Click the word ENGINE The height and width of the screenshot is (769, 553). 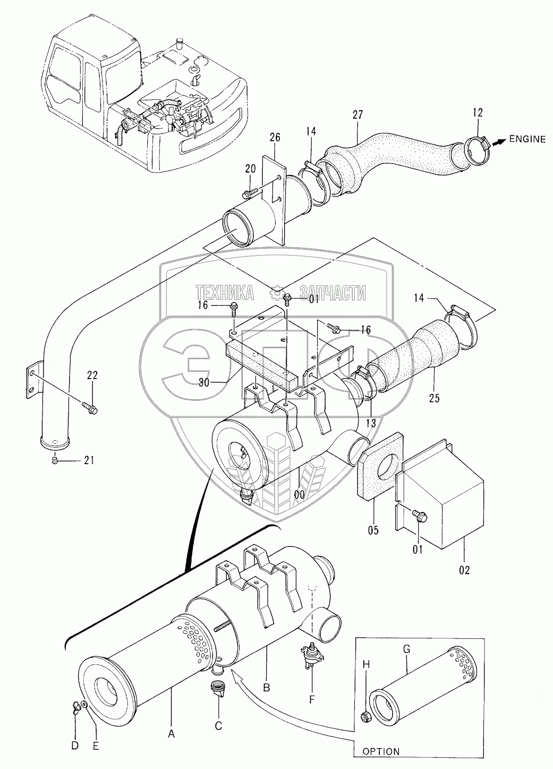click(527, 140)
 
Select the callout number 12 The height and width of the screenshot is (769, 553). click(477, 113)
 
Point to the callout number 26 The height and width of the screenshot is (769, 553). click(275, 139)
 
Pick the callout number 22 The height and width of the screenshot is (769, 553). click(92, 375)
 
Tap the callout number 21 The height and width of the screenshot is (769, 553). click(89, 460)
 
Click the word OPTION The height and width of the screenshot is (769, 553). click(382, 751)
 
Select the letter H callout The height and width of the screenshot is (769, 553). click(365, 664)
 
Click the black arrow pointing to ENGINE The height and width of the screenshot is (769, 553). click(498, 141)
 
